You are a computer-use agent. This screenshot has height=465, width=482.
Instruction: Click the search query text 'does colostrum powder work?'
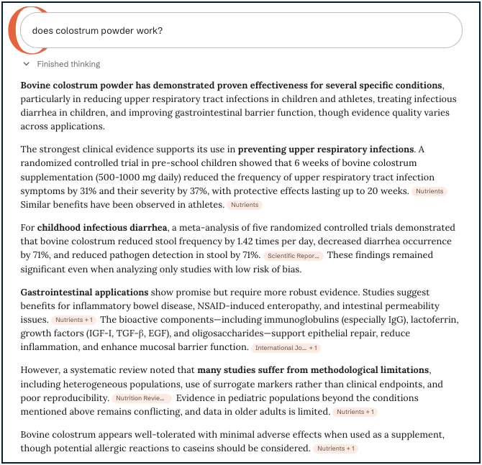click(x=97, y=31)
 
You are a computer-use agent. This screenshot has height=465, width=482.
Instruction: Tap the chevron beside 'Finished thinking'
click(x=27, y=64)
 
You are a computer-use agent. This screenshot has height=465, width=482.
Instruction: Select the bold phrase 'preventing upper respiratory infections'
click(x=326, y=149)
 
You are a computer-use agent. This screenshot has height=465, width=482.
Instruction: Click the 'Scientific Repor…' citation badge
click(x=294, y=255)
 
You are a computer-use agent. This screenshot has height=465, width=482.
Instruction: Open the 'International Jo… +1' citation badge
click(x=286, y=348)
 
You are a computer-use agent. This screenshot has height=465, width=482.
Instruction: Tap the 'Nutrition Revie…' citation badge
click(x=142, y=398)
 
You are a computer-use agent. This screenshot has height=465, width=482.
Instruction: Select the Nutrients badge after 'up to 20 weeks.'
click(x=429, y=191)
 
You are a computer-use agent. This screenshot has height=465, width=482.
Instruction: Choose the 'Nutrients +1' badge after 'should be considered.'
click(x=335, y=449)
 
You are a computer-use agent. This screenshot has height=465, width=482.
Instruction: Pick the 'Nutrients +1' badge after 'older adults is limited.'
click(x=355, y=412)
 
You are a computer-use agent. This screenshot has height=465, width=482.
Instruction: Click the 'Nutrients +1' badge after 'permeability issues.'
click(x=73, y=320)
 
